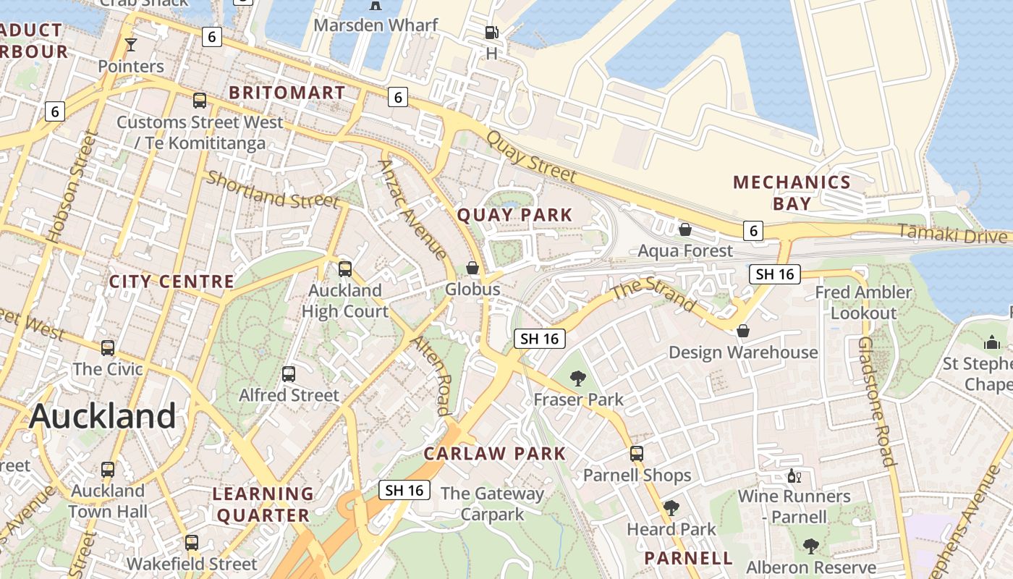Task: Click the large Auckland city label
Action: point(103,416)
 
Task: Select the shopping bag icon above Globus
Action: point(472,268)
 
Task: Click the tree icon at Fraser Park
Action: point(577,378)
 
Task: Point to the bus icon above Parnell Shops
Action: point(637,454)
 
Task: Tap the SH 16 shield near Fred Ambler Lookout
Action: point(774,274)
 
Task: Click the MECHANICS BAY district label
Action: point(792,193)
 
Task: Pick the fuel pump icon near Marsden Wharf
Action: point(491,33)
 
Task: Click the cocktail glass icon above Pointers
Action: point(131,45)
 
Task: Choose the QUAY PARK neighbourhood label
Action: point(514,215)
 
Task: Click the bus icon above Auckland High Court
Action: point(345,269)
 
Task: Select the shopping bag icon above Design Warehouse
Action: point(742,331)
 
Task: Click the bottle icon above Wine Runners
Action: point(794,476)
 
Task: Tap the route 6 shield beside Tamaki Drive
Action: point(753,231)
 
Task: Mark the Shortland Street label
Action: point(272,190)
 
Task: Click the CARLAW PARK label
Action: point(495,454)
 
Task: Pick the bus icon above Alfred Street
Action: point(289,374)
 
